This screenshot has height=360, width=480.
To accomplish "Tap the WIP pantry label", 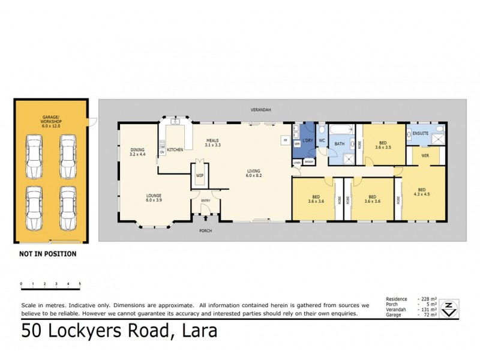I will (x=199, y=175).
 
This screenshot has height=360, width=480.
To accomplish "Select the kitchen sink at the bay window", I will (x=176, y=122).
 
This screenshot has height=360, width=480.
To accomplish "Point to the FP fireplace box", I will (x=285, y=140).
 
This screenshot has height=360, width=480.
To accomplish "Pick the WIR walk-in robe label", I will (x=425, y=156).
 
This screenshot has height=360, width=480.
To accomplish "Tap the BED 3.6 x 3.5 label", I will (x=383, y=145).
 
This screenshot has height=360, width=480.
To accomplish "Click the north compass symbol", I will (x=447, y=308).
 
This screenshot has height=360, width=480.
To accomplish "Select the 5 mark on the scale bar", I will (x=80, y=283).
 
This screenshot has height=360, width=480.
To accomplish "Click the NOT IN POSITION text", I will (x=47, y=254).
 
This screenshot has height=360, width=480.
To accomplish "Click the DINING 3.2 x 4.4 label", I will (x=137, y=152).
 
